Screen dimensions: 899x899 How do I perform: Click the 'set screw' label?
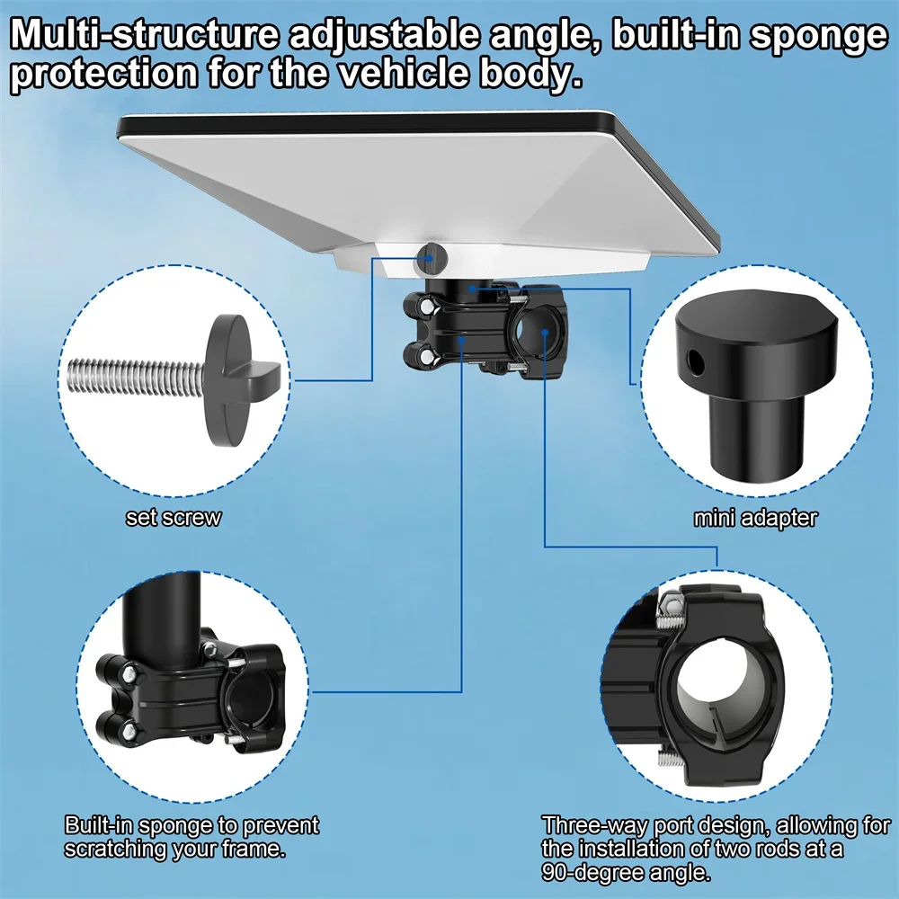pyautogui.click(x=173, y=518)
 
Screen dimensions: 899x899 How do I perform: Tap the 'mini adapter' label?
pyautogui.click(x=755, y=518)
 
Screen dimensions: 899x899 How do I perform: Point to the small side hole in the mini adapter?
pyautogui.click(x=694, y=361)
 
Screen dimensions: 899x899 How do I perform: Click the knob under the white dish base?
pyautogui.click(x=431, y=259)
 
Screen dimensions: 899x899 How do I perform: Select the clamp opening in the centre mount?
pyautogui.click(x=543, y=329)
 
